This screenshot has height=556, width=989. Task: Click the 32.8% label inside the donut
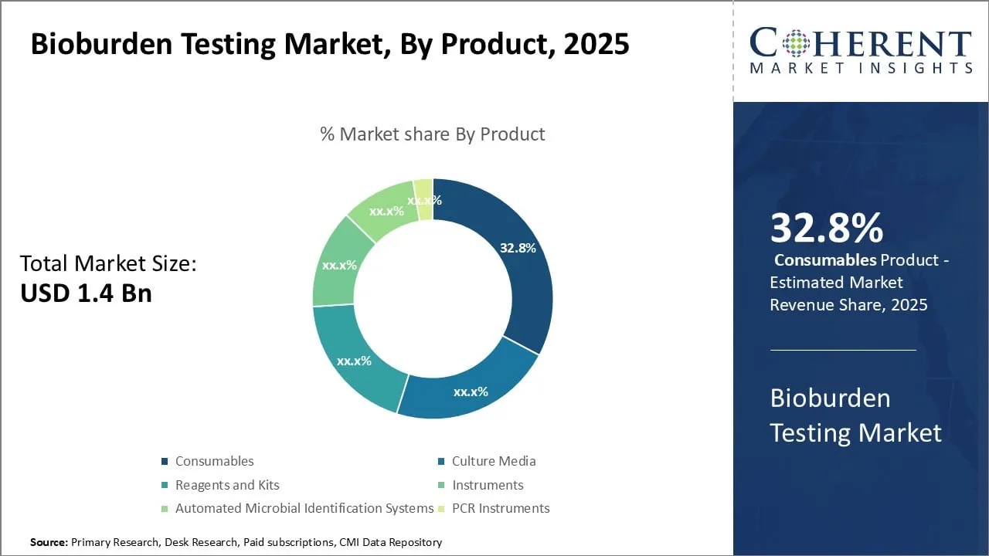coord(518,248)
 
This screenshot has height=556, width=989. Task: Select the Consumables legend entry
coord(214,461)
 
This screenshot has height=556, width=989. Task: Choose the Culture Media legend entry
coord(493,461)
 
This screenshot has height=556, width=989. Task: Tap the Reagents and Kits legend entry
coord(226,485)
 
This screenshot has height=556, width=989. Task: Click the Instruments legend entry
coord(487,485)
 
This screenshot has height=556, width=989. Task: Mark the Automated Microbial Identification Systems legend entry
coord(304,508)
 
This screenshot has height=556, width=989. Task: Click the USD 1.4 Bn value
coord(86,293)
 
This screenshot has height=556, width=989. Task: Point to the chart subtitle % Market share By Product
coord(432,134)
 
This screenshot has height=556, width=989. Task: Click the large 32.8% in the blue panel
coord(826,229)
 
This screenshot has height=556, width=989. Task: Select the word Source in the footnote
coord(48,542)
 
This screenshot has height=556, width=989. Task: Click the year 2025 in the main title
coord(596,44)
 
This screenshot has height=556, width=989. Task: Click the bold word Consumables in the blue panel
coord(825,260)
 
